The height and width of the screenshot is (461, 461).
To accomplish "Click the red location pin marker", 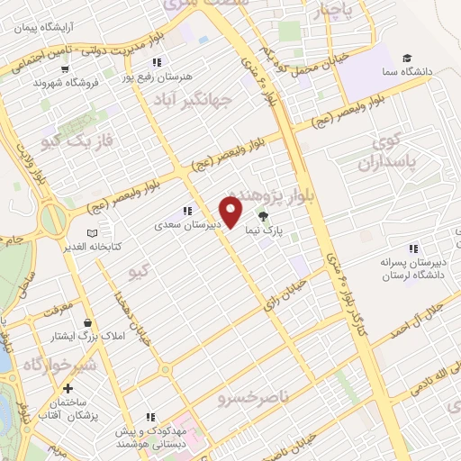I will point(231,212).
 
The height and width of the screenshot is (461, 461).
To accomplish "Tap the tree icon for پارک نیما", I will point(263,216).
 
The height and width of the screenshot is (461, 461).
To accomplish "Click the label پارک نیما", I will point(267,230).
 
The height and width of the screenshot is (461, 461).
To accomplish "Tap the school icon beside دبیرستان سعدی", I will point(187,212).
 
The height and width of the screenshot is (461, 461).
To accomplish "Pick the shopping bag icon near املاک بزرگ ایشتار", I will point(87,321).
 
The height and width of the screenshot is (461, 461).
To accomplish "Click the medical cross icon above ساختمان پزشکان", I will point(69,387).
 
